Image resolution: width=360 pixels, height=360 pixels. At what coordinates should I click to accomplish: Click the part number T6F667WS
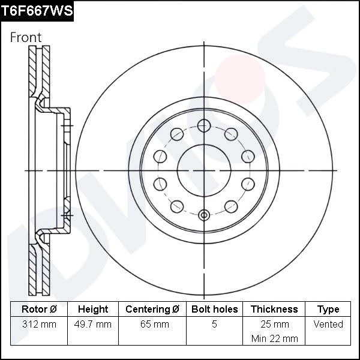37,10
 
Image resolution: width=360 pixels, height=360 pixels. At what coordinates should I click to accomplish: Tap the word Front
26,37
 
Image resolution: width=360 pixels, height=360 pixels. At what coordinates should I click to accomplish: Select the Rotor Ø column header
38,310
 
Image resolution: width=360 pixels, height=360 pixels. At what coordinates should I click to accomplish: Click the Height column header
93,310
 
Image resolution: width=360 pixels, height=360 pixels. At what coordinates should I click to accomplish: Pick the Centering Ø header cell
152,310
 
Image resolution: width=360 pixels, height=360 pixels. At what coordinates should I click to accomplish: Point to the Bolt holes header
214,310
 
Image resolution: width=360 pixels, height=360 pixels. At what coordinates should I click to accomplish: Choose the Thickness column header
274,310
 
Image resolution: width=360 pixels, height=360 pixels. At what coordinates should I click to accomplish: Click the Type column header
328,310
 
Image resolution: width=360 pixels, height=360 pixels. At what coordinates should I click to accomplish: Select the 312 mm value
38,325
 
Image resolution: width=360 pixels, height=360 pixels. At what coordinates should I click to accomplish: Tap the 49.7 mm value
93,325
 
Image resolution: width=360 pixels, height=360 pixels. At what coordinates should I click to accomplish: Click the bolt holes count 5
214,325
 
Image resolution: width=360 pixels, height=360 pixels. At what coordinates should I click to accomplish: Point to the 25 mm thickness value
274,325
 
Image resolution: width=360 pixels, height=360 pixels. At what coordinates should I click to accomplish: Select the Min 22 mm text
274,338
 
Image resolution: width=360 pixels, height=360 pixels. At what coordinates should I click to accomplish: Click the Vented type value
328,325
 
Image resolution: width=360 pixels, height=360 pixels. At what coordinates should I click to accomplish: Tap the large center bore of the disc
205,170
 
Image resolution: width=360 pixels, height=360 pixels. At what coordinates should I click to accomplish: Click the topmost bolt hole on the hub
205,125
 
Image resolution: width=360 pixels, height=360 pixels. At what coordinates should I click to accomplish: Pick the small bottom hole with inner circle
205,215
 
